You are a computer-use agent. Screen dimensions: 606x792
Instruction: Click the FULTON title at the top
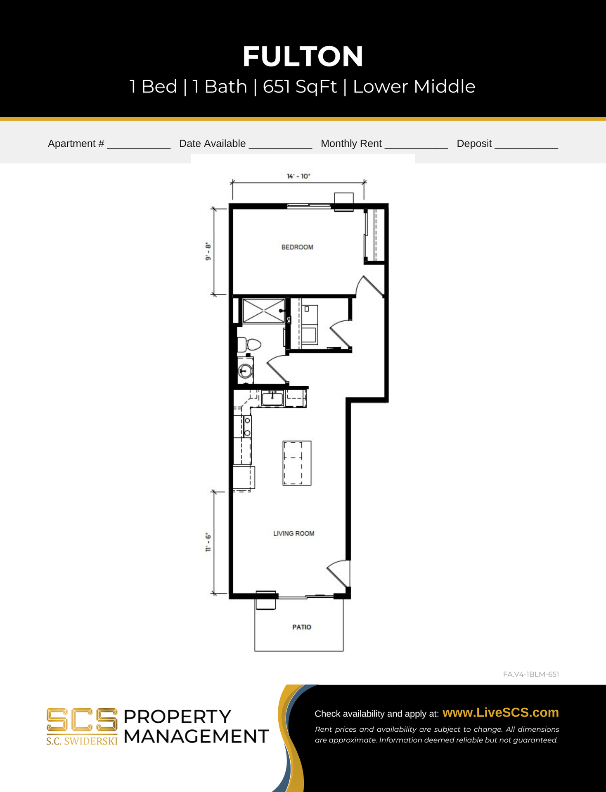[303, 56]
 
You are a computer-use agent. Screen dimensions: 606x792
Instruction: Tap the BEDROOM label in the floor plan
[297, 247]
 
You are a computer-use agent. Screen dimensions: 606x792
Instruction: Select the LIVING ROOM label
[294, 533]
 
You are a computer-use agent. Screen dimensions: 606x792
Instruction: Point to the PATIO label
[302, 627]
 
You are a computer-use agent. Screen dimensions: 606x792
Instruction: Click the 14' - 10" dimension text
[298, 176]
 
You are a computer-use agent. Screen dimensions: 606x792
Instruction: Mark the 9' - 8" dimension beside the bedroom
[208, 252]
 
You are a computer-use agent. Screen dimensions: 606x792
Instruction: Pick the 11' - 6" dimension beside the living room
[208, 542]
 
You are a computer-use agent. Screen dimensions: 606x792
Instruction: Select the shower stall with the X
[264, 311]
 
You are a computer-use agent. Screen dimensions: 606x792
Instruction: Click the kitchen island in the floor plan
[297, 463]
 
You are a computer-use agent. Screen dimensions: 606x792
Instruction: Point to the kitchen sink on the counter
[272, 398]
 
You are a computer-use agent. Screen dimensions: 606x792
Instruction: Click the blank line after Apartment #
[139, 148]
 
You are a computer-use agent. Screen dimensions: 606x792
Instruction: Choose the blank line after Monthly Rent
[416, 148]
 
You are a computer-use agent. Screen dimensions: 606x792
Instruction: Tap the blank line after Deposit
[526, 148]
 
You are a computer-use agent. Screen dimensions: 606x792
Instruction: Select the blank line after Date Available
[280, 148]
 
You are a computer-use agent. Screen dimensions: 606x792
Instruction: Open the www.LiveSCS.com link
[501, 712]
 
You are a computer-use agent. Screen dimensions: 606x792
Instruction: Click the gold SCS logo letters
[82, 720]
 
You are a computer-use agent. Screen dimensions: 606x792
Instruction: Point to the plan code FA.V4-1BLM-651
[531, 674]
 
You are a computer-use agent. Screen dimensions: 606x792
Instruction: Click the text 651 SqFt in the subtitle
[300, 87]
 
